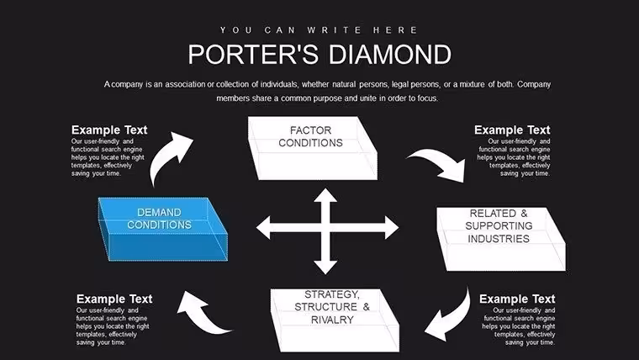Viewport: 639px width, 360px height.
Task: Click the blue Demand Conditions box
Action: (163, 229)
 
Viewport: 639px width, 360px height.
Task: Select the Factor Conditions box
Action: (313, 148)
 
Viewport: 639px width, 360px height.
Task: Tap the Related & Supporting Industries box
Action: (501, 239)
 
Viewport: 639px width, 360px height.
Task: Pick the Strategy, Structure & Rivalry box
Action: (335, 320)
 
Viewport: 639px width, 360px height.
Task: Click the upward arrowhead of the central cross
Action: (325, 195)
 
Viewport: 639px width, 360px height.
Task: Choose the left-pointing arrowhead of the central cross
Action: (263, 227)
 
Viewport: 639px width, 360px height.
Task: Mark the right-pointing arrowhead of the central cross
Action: (392, 227)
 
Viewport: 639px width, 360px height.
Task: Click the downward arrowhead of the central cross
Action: (325, 267)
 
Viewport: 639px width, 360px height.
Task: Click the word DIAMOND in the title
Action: (390, 55)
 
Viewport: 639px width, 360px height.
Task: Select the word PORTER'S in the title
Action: (253, 55)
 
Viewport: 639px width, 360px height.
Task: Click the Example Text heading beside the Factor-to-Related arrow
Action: (512, 130)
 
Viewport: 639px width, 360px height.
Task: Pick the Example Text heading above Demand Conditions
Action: (109, 130)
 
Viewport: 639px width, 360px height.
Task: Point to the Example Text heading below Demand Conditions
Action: (114, 299)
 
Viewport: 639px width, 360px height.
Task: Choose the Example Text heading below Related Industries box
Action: (517, 299)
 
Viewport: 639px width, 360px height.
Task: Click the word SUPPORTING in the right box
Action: (499, 226)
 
